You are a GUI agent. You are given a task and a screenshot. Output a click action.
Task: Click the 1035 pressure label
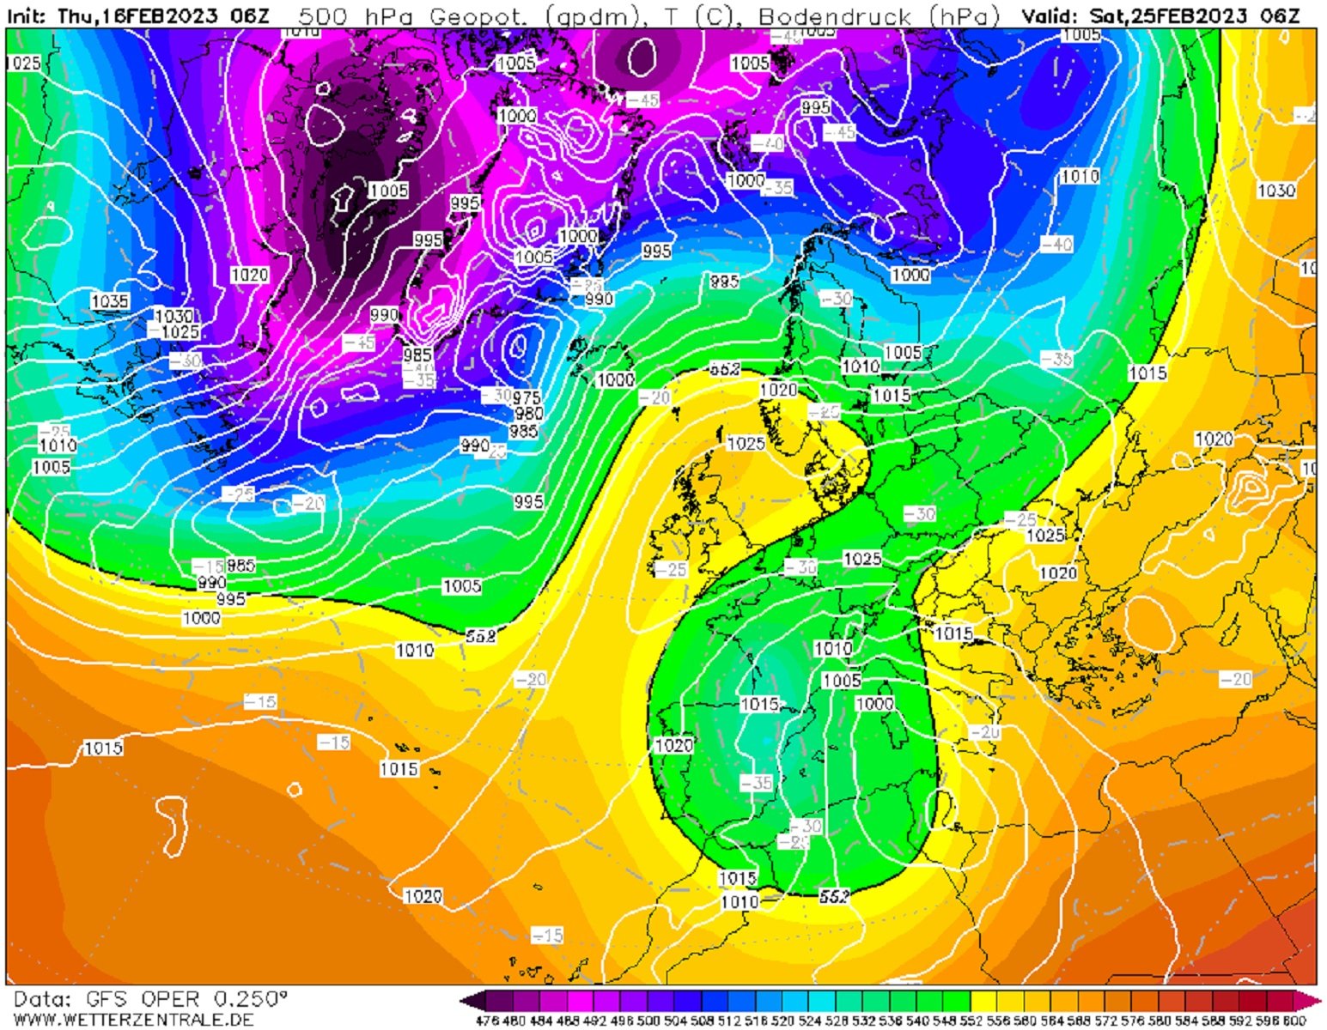[110, 300]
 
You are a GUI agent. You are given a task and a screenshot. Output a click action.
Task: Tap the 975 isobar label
[527, 397]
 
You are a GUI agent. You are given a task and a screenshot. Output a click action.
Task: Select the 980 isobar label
[528, 413]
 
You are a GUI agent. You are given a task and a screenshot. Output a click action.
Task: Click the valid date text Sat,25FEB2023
[1176, 15]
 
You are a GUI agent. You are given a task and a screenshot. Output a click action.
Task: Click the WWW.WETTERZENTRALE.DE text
[134, 1020]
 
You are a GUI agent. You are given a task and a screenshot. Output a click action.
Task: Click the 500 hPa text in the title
[338, 15]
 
